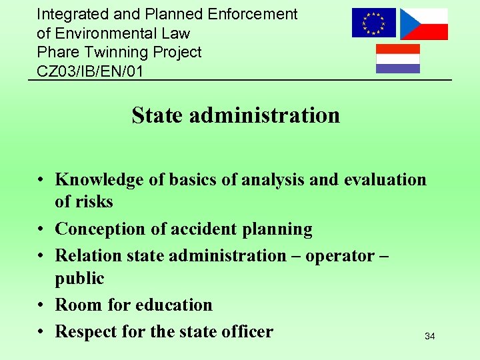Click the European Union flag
(373, 23)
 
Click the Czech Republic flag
(423, 24)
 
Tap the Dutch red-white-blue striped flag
(398, 59)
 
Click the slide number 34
(430, 337)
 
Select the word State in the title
(157, 115)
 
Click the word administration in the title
(265, 115)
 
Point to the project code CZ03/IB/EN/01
(89, 71)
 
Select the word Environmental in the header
(103, 33)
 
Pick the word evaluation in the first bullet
(385, 179)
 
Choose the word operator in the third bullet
(340, 255)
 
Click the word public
(79, 278)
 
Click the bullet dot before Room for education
(41, 305)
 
